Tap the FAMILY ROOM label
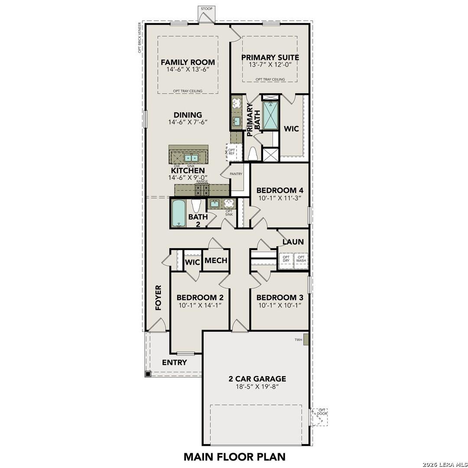pos(188,62)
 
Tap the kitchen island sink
pos(191,158)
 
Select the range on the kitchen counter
pos(202,189)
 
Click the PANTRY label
pos(236,174)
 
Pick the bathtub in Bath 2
pos(179,213)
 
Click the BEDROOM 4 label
pos(279,190)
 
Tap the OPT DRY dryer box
pos(286,259)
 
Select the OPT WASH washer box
pos(301,259)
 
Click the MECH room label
pos(216,260)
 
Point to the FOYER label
pos(158,298)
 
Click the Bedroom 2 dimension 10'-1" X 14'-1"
pos(200,305)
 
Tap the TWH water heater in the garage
pos(305,339)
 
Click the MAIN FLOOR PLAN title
pos(234,456)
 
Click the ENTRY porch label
pos(174,362)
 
